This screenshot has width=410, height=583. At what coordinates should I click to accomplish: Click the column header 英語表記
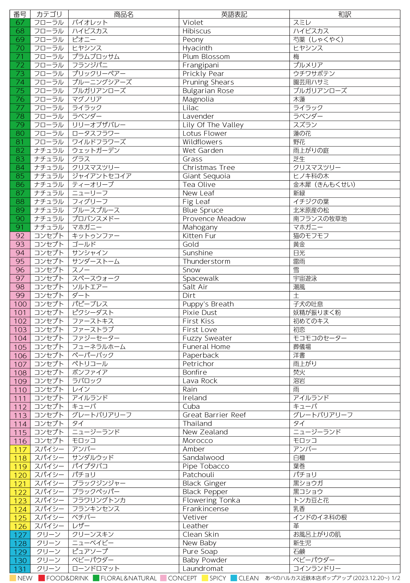tap(234, 14)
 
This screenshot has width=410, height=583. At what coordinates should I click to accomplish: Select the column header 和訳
tap(344, 14)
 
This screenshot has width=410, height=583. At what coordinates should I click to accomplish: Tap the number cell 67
tap(20, 22)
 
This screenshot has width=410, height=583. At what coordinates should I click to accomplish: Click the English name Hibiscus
tap(197, 31)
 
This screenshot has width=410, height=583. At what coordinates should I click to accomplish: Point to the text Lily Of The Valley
tap(213, 125)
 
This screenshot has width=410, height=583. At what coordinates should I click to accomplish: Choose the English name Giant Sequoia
tap(206, 176)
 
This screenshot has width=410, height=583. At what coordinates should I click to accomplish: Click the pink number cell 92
tap(20, 236)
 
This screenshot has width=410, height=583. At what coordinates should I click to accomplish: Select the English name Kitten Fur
tap(199, 236)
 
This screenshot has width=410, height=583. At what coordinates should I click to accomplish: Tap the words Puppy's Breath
tap(208, 304)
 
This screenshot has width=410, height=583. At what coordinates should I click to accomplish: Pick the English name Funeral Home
tap(206, 347)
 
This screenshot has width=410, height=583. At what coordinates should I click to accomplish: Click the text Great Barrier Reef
tap(214, 415)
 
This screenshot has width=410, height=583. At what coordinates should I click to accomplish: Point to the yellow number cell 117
tap(20, 450)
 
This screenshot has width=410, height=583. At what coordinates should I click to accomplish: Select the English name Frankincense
tap(206, 509)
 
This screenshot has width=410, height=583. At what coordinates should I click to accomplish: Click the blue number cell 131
tap(20, 569)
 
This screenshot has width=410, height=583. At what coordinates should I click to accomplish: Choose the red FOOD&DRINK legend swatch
tap(41, 578)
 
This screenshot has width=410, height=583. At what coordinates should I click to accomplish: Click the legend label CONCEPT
tap(182, 578)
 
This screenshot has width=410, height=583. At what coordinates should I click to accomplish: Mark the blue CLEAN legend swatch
tap(233, 578)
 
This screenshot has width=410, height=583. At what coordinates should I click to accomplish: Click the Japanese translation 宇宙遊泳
tap(305, 278)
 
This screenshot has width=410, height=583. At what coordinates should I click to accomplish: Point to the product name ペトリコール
tap(90, 364)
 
